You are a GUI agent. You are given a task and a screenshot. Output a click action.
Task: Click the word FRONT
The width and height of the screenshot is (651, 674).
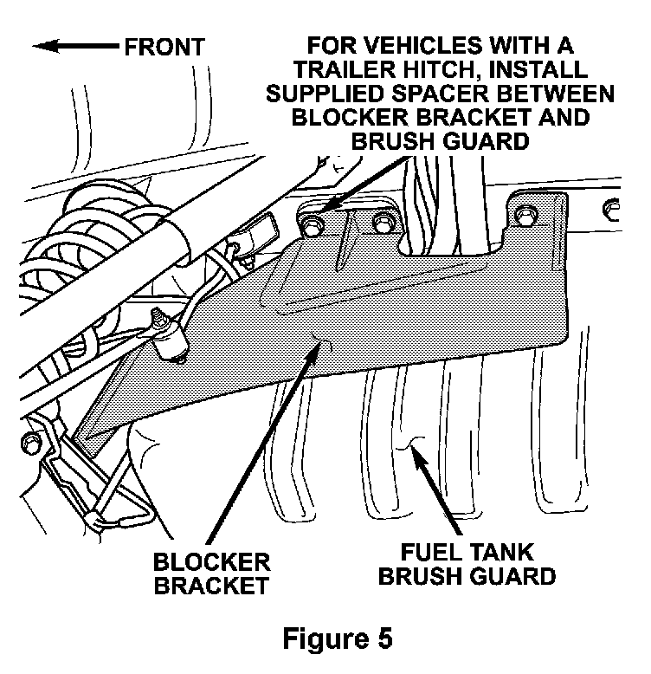tap(164, 46)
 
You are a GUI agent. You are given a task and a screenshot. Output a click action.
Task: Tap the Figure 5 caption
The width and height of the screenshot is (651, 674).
tap(338, 639)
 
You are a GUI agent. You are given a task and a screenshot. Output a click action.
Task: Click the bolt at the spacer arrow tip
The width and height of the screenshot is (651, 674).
tap(313, 224)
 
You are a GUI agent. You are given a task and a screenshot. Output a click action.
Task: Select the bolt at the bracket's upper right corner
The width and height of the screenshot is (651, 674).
tap(525, 214)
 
